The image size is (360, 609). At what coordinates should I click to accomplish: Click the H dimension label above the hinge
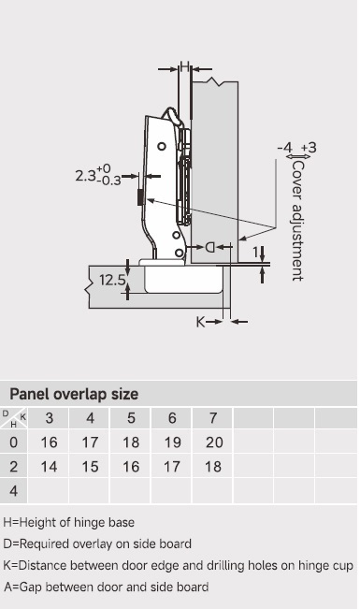(x=185, y=66)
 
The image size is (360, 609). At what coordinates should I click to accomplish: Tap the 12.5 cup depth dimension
(x=112, y=280)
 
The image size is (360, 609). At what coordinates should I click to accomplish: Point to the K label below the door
(x=200, y=322)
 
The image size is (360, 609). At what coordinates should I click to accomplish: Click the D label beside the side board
(x=209, y=247)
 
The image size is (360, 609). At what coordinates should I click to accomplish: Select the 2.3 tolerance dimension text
(x=98, y=175)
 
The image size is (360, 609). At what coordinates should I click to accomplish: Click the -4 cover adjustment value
(x=284, y=148)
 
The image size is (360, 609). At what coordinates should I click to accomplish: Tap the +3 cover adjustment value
(x=309, y=148)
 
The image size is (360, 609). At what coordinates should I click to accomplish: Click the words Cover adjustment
(x=298, y=220)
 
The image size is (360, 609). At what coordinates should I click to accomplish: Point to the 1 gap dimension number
(x=255, y=253)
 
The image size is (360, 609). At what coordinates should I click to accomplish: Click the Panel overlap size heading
(x=74, y=394)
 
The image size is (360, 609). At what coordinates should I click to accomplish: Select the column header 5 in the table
(x=131, y=418)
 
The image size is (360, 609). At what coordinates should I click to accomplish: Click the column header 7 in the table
(x=213, y=418)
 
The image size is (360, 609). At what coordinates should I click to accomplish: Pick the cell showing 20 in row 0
(x=214, y=442)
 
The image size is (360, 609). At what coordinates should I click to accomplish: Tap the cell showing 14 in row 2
(x=49, y=467)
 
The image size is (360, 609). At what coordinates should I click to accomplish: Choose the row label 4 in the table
(x=14, y=491)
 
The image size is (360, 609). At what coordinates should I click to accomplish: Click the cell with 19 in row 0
(x=172, y=442)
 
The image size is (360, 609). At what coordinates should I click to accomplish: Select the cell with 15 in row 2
(x=90, y=467)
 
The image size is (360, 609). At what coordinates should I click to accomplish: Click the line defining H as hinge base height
(x=69, y=522)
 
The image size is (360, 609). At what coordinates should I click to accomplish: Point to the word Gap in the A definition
(x=30, y=587)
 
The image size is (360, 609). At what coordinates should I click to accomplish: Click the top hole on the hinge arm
(x=162, y=147)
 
